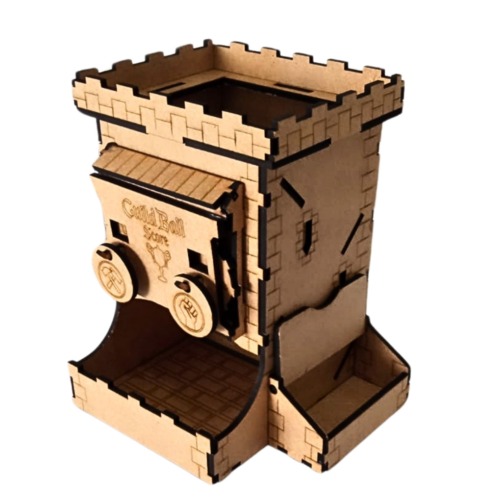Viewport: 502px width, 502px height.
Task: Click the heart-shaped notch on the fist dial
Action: click(183, 284)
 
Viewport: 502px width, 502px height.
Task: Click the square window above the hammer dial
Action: click(117, 228)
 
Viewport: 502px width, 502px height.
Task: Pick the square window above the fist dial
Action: click(197, 259)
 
